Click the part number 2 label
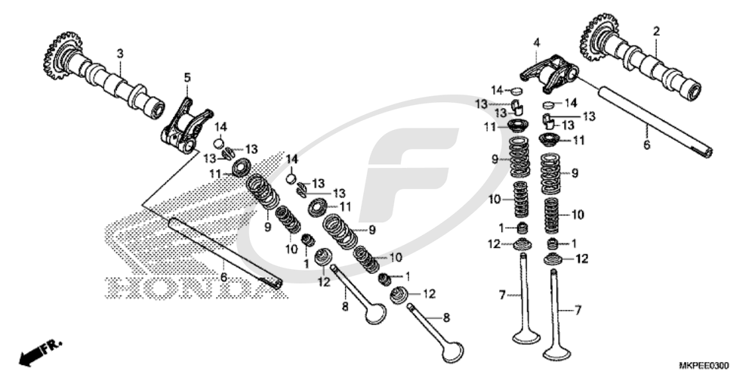pyautogui.click(x=656, y=31)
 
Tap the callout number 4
pyautogui.click(x=536, y=43)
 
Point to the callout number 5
pyautogui.click(x=187, y=77)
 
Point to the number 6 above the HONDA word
pyautogui.click(x=223, y=277)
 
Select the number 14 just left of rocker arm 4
pyautogui.click(x=498, y=89)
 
